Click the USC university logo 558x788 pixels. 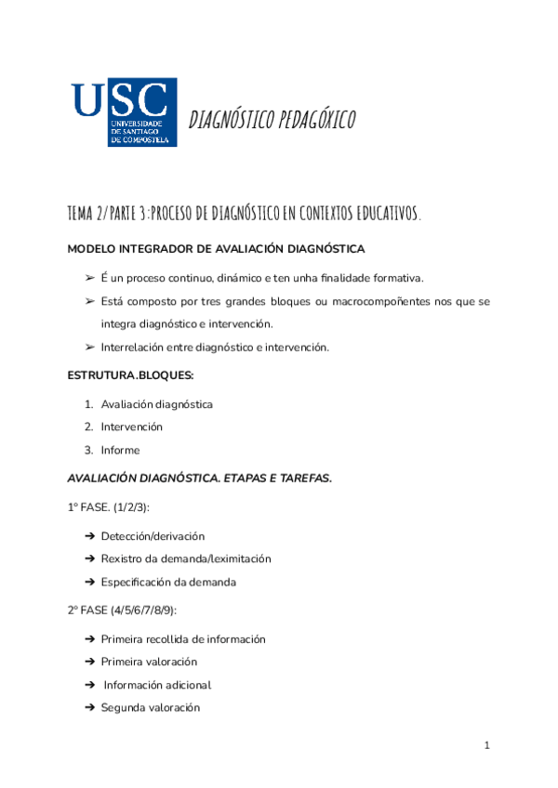124,112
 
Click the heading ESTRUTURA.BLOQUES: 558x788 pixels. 130,375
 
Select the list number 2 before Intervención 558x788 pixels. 89,427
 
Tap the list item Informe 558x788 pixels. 120,450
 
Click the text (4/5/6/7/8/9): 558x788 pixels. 146,611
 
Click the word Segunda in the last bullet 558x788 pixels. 123,708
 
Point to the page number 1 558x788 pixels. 486,745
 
